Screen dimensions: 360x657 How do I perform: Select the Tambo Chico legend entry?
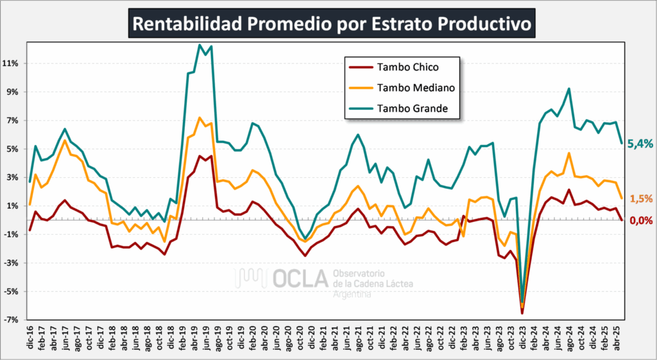(408, 66)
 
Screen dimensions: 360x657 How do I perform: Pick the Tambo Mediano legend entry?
(416, 88)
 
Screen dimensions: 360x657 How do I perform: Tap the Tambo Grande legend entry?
(414, 109)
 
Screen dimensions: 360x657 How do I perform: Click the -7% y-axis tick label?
(14, 320)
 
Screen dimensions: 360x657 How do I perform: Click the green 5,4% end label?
(640, 144)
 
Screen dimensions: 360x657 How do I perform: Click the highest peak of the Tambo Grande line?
(200, 45)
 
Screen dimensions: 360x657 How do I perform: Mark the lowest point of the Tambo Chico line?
(522, 313)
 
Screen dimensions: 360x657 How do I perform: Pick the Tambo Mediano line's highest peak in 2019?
(200, 117)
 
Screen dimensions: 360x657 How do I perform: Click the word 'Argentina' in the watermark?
(352, 293)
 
